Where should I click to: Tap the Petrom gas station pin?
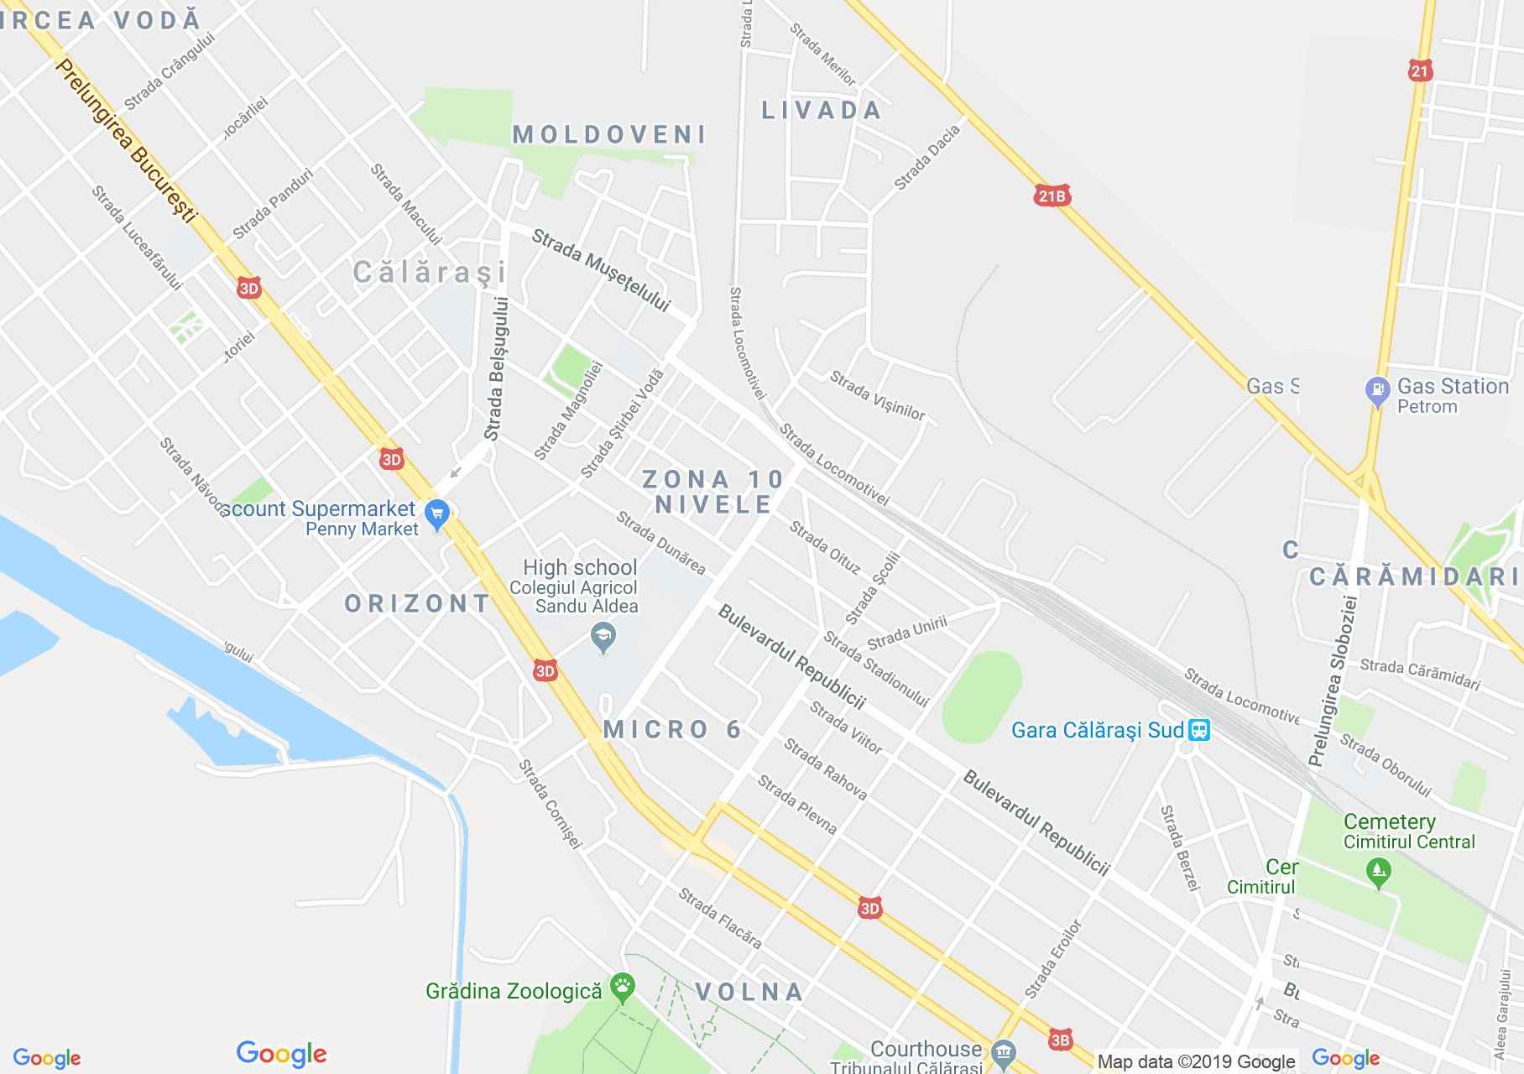pos(1377,391)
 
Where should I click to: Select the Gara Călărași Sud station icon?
pos(1199,730)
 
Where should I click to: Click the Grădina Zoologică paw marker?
pos(623,988)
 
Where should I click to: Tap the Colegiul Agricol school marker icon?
pos(603,638)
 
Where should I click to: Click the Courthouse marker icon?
pos(1003,1052)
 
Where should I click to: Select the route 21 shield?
pos(1419,71)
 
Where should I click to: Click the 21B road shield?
pos(1052,196)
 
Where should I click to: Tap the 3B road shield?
pos(1060,1040)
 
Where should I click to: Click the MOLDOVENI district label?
pos(609,134)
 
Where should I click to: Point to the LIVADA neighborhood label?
pos(821,110)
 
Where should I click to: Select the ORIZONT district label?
pos(417,603)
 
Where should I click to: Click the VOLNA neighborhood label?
pos(749,992)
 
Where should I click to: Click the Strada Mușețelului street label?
pos(601,271)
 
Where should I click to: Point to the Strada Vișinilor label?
pos(877,396)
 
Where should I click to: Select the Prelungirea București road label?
pos(125,140)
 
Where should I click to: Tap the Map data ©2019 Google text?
pos(1196,1062)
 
